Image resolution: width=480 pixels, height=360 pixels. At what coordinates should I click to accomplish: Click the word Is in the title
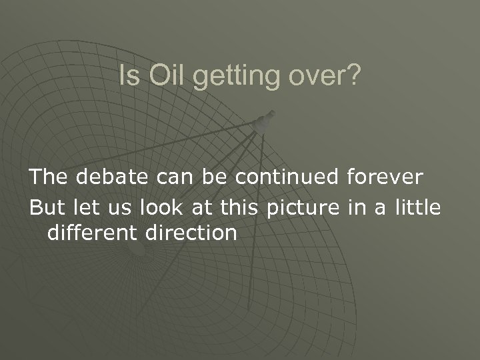(x=128, y=78)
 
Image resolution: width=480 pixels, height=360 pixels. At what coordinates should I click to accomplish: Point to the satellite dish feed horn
(x=265, y=122)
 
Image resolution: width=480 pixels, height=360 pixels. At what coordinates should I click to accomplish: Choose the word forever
(x=385, y=177)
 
